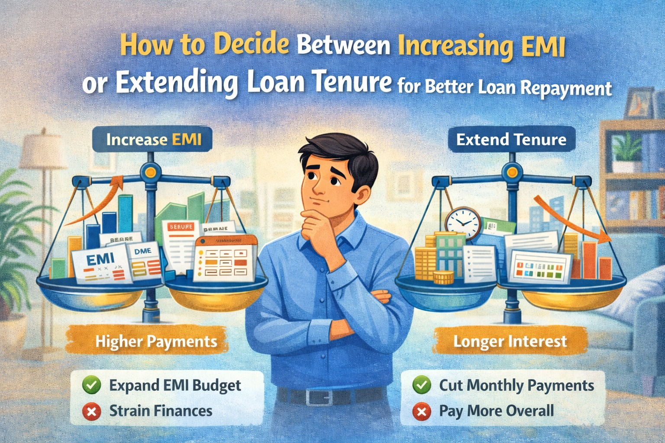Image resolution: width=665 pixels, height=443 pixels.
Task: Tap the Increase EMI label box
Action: click(x=154, y=140)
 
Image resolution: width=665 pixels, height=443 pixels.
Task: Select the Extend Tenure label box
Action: click(x=511, y=140)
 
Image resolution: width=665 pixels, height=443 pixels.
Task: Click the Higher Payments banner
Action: click(x=156, y=341)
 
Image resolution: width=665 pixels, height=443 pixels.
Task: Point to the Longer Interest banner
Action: click(x=510, y=341)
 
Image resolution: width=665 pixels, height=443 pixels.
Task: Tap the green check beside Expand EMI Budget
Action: click(x=92, y=385)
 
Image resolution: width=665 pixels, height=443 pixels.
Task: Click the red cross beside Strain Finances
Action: click(x=92, y=411)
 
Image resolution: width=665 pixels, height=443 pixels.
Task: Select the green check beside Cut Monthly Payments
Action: click(x=422, y=385)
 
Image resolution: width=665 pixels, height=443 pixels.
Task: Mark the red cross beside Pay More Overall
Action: click(x=422, y=411)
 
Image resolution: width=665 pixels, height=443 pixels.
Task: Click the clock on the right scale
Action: click(x=463, y=223)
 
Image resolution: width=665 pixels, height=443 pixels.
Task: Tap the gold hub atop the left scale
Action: click(x=151, y=173)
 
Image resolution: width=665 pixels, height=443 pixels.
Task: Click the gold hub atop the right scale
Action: click(x=512, y=173)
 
